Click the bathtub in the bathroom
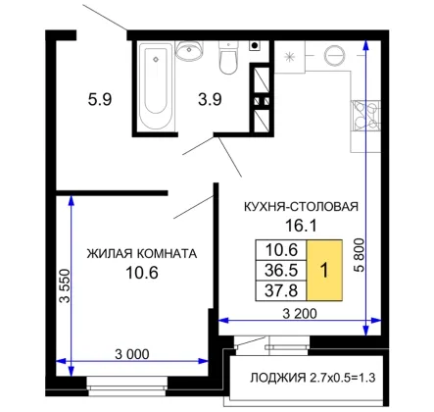pyautogui.click(x=156, y=85)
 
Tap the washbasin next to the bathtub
pyautogui.click(x=189, y=50)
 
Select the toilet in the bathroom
pyautogui.click(x=228, y=58)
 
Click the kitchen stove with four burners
pyautogui.click(x=365, y=116)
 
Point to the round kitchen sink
pyautogui.click(x=334, y=56)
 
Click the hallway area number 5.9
pyautogui.click(x=100, y=99)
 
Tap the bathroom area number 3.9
pyautogui.click(x=210, y=99)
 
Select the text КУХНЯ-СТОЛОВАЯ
pyautogui.click(x=301, y=207)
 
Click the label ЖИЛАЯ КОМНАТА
pyautogui.click(x=142, y=253)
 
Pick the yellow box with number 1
pyautogui.click(x=324, y=270)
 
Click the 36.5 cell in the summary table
pyautogui.click(x=281, y=271)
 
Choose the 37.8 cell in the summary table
pyautogui.click(x=281, y=290)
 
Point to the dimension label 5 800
pyautogui.click(x=359, y=255)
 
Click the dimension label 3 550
pyautogui.click(x=65, y=285)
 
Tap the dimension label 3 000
pyautogui.click(x=132, y=354)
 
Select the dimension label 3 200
pyautogui.click(x=300, y=314)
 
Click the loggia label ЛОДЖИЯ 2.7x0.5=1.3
pyautogui.click(x=313, y=378)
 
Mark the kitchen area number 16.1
pyautogui.click(x=301, y=226)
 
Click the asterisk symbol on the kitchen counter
pyautogui.click(x=289, y=57)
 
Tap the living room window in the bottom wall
pyautogui.click(x=127, y=383)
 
